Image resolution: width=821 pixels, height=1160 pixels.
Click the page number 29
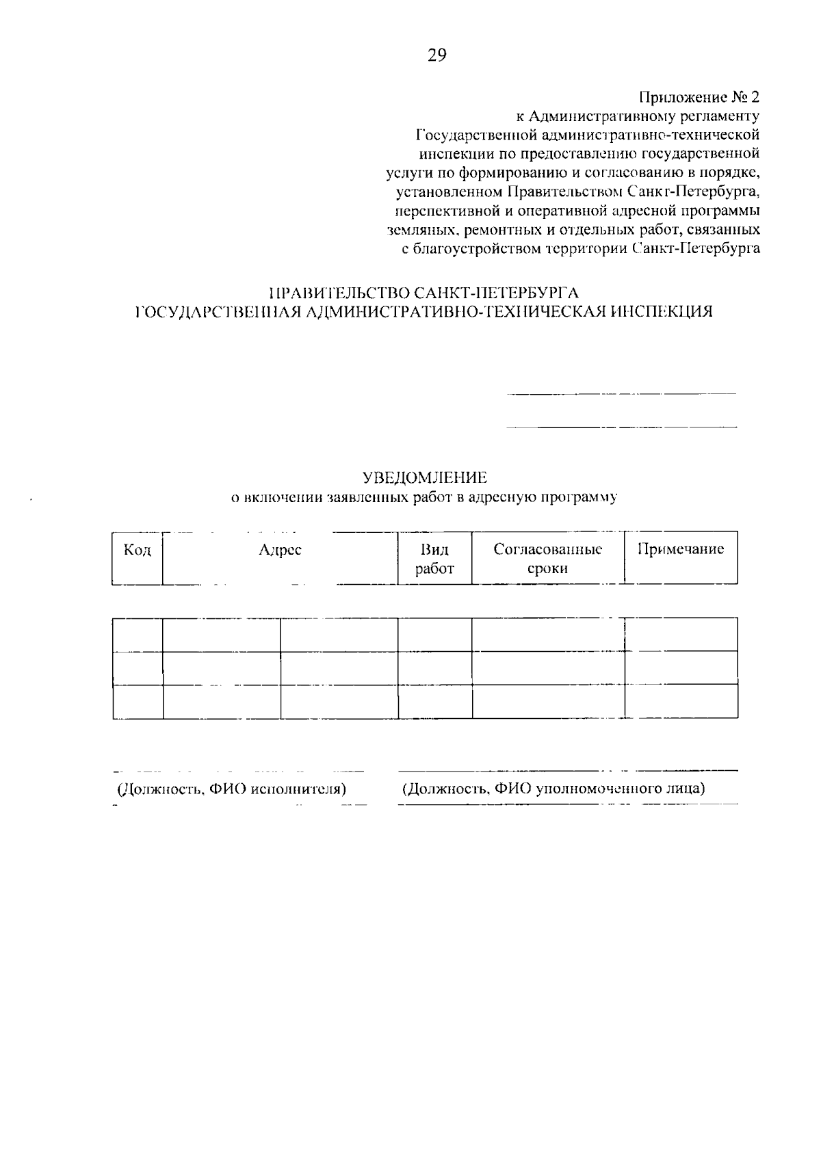click(x=436, y=56)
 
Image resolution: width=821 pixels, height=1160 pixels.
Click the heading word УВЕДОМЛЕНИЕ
click(x=424, y=477)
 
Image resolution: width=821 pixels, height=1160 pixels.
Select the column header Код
click(x=137, y=550)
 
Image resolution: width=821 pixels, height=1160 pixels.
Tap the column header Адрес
click(x=280, y=550)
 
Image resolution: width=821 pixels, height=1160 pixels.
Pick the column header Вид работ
click(x=434, y=559)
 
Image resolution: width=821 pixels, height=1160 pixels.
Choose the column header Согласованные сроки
click(x=547, y=559)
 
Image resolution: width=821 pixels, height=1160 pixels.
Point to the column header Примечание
click(x=681, y=549)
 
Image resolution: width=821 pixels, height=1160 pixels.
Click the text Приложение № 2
click(x=699, y=97)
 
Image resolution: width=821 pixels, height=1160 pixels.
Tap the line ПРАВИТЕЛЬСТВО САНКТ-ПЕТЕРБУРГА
click(x=424, y=294)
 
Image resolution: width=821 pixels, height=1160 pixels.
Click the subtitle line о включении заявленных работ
click(x=424, y=497)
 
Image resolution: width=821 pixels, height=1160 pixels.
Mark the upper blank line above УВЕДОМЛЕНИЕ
click(x=621, y=394)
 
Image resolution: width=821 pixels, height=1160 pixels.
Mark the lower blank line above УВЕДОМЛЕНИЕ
click(x=621, y=427)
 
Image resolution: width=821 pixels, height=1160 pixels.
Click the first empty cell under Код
click(x=138, y=635)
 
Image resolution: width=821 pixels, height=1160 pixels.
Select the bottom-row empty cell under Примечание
click(x=681, y=701)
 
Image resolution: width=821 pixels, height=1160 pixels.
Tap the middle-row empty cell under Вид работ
click(x=434, y=668)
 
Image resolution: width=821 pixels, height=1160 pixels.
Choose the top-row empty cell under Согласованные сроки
click(x=548, y=635)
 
